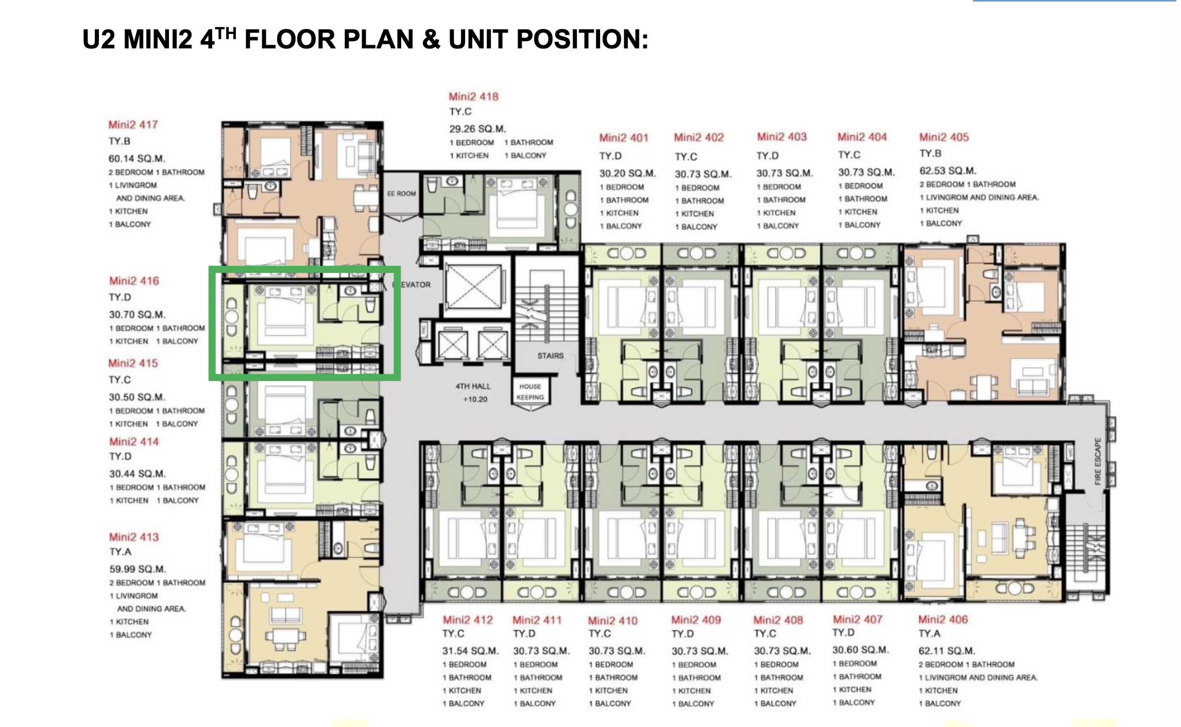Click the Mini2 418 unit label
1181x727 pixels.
[473, 96]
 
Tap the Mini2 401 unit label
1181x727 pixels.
[623, 138]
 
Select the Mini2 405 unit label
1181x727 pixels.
[944, 137]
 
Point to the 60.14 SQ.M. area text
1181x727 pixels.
[136, 159]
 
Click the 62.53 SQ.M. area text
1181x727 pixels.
[948, 170]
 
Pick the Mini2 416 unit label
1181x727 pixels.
[134, 281]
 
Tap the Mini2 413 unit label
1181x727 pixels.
[134, 537]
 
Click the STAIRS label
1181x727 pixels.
[550, 356]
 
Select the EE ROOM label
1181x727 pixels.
[401, 194]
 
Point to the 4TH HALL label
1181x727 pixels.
[473, 386]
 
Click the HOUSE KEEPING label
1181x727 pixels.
[530, 392]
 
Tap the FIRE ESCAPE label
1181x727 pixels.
[1097, 461]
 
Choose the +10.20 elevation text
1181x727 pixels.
[475, 399]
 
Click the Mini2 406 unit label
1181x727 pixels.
[943, 619]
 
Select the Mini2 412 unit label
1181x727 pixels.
[468, 620]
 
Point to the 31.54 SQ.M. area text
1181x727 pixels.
[470, 651]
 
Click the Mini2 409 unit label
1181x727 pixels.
[696, 620]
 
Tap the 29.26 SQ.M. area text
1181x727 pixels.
[477, 129]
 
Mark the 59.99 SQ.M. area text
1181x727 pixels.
[138, 569]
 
